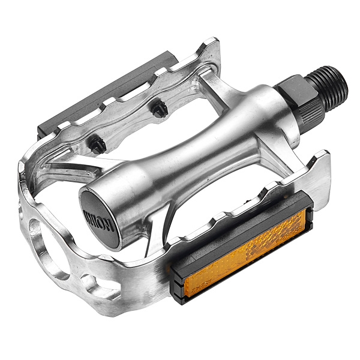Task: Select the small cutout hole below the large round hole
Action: (x=89, y=282)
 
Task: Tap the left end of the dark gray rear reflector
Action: (x=45, y=129)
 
